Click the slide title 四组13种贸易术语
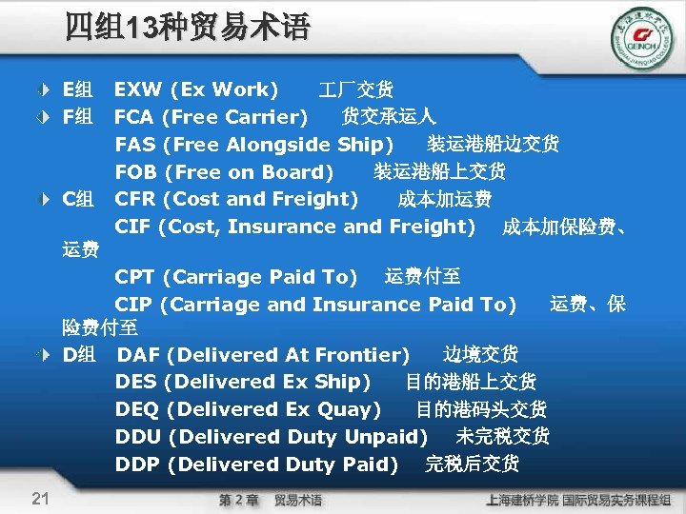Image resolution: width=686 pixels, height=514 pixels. [x=188, y=26]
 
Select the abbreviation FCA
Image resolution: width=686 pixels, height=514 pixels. [x=135, y=117]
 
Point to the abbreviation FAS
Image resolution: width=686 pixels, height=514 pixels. [x=135, y=145]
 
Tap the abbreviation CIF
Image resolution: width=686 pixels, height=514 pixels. [x=133, y=227]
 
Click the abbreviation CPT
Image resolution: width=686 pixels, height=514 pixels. [x=135, y=277]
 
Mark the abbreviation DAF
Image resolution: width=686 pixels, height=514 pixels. [x=138, y=355]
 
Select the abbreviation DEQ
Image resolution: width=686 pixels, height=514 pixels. [x=136, y=409]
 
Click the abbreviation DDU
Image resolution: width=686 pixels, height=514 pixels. [x=138, y=437]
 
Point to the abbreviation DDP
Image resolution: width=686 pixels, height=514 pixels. [x=137, y=465]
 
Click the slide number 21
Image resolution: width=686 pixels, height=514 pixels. [x=40, y=497]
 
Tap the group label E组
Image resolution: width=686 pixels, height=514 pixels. [x=77, y=89]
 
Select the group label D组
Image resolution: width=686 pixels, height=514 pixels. [x=77, y=355]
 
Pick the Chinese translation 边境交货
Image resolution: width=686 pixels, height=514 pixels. [x=481, y=354]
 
